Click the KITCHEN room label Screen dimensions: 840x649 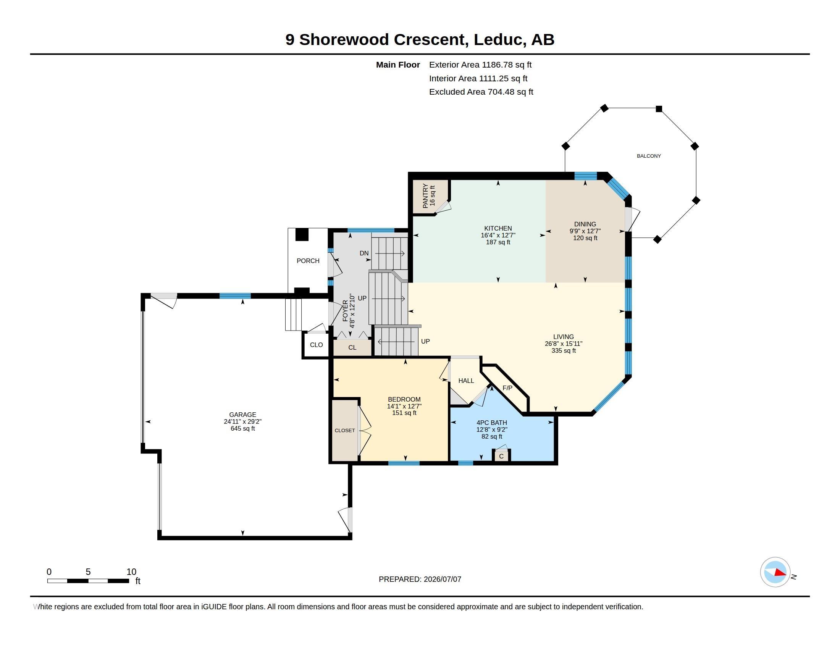click(x=498, y=228)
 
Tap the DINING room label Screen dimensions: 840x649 click(x=585, y=224)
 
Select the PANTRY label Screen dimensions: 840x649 click(x=425, y=196)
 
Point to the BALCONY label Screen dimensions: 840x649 click(x=649, y=156)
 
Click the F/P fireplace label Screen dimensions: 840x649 click(x=507, y=388)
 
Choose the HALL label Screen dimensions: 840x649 click(x=466, y=381)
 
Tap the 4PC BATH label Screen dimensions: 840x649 click(x=491, y=423)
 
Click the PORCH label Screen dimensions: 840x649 click(x=308, y=261)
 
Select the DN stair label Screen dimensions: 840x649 click(x=364, y=253)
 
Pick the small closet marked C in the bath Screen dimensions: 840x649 click(x=501, y=456)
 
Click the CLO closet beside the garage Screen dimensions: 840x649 click(x=316, y=345)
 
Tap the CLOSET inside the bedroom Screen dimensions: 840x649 click(x=345, y=431)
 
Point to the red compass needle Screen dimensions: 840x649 click(x=780, y=573)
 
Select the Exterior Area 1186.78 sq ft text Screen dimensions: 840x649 click(x=480, y=65)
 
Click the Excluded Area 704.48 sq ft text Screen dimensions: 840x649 click(x=481, y=92)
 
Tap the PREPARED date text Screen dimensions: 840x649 click(x=420, y=579)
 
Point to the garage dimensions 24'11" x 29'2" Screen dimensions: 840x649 click(x=243, y=421)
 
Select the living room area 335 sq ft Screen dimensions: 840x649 click(x=564, y=350)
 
